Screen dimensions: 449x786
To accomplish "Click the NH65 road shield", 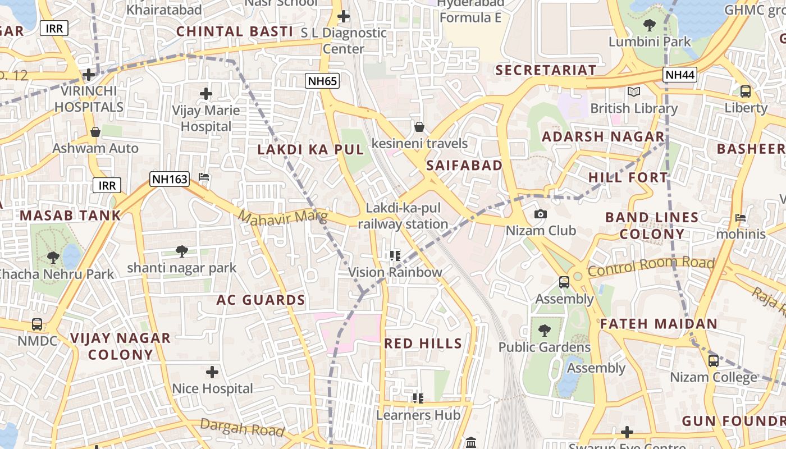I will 323,81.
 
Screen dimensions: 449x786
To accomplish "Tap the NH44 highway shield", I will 680,75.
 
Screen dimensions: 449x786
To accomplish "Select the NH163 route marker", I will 169,179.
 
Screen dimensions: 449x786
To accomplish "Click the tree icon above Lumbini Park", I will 650,25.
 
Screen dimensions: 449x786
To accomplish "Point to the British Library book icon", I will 634,91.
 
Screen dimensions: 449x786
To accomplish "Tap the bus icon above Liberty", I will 746,91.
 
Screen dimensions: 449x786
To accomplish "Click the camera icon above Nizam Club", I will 541,214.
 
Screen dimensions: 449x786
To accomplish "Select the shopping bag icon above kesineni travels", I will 419,127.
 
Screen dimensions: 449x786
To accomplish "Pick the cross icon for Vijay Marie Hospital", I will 206,93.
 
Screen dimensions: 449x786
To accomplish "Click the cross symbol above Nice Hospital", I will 212,372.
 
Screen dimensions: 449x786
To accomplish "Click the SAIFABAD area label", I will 464,165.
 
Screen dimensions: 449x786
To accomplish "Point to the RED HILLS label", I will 423,343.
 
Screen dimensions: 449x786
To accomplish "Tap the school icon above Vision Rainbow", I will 395,256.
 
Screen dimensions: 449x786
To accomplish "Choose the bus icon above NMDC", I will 37,324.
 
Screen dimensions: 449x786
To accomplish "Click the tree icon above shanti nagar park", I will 181,251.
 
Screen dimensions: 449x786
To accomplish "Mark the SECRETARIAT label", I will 546,70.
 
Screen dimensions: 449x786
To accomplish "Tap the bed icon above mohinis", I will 741,217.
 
